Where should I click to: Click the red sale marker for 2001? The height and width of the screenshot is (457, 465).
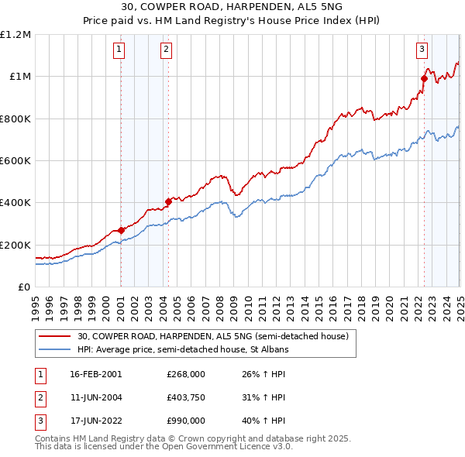pyautogui.click(x=121, y=230)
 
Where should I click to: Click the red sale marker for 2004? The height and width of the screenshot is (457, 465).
pyautogui.click(x=168, y=201)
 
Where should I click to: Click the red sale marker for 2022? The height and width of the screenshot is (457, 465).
pyautogui.click(x=424, y=78)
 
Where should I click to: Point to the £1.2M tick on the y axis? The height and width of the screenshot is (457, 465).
pyautogui.click(x=15, y=34)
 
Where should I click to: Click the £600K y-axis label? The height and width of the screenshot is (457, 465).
pyautogui.click(x=15, y=160)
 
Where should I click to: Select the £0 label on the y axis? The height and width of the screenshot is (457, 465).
pyautogui.click(x=23, y=287)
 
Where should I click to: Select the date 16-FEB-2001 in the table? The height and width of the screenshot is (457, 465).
pyautogui.click(x=95, y=374)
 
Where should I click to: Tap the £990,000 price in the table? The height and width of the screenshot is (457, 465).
pyautogui.click(x=186, y=422)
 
